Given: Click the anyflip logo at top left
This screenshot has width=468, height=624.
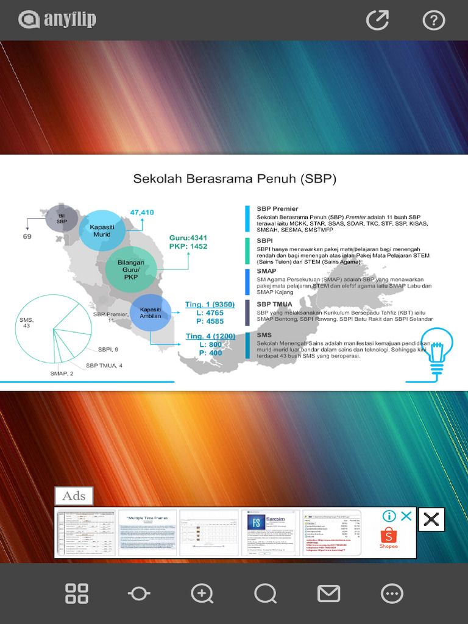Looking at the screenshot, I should point(57,20).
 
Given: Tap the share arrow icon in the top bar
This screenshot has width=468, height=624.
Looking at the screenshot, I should point(377,20).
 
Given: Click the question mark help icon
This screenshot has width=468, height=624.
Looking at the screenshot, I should point(433,20).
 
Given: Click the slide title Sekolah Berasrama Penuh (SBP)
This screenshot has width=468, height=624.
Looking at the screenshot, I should point(235,179).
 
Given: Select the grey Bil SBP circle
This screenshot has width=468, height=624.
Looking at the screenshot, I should point(62,219).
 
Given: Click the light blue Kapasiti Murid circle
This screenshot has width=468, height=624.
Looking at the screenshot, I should point(102,230).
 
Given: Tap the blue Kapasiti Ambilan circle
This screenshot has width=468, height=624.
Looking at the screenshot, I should point(150,312).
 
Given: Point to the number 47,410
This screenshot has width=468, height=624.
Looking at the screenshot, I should point(142,213).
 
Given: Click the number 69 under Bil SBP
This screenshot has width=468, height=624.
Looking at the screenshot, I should point(27,236).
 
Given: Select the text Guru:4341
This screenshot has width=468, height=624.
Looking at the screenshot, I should point(188,238).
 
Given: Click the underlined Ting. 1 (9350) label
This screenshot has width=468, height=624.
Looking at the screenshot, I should point(210,304).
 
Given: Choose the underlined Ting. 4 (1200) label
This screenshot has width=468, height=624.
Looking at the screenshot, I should point(210,336).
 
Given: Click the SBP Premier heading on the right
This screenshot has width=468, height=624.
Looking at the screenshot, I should point(277,208).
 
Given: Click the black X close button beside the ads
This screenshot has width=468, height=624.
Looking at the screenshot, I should point(431,519).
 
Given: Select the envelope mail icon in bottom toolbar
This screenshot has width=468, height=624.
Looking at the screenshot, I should point(329,593).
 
